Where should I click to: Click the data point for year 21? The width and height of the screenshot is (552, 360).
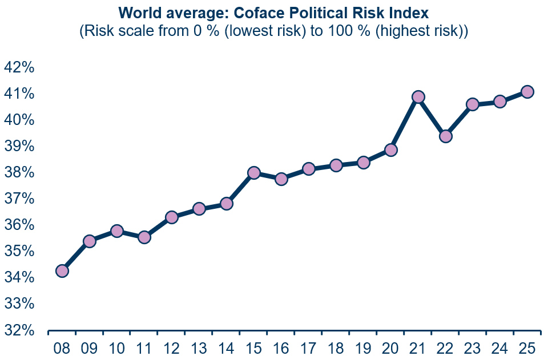(418, 97)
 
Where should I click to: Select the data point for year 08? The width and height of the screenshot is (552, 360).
(62, 271)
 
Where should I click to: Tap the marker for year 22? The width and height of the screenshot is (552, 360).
(446, 136)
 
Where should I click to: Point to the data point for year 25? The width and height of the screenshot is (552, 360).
(527, 92)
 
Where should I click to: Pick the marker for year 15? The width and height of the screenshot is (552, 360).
(254, 173)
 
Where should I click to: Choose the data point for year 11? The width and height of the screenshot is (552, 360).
(144, 237)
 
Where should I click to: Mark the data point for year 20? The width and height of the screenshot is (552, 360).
(391, 150)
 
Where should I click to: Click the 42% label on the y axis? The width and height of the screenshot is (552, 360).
(19, 68)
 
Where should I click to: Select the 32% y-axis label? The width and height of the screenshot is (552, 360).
(19, 330)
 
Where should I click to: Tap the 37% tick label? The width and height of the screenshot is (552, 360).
(19, 199)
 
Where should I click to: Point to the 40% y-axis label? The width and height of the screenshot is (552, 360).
(19, 120)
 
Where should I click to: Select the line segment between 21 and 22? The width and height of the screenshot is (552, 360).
(432, 117)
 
